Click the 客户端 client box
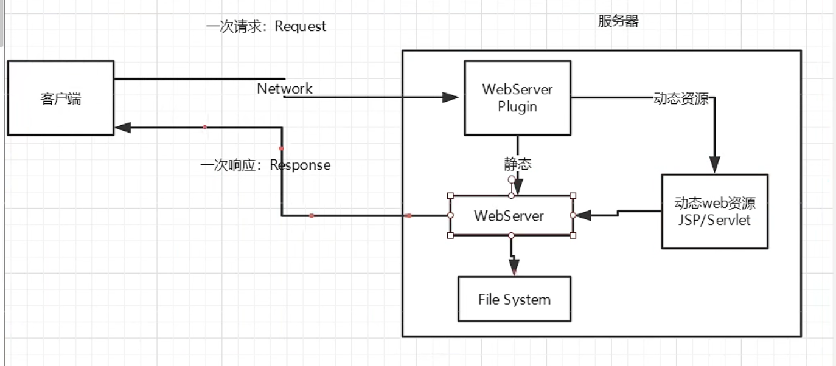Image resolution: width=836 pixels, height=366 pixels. tap(61, 98)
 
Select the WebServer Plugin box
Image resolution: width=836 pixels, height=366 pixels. tap(517, 97)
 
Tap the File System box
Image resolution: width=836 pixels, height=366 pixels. tap(514, 299)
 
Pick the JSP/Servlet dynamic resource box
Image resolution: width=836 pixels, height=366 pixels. tap(714, 211)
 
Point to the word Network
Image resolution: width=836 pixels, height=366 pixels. tap(284, 88)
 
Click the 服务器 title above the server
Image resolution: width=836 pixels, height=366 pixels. tap(618, 21)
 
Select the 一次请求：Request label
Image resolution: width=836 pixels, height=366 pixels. tap(266, 27)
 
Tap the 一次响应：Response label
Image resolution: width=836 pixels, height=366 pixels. tap(265, 165)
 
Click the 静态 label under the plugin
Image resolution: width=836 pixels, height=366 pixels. tap(517, 164)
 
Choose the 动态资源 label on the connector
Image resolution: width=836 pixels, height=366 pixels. tap(681, 99)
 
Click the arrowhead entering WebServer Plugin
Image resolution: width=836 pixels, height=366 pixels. tap(450, 97)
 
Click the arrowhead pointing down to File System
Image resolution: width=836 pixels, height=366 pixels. tap(514, 266)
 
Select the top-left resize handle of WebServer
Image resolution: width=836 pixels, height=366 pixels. tap(450, 195)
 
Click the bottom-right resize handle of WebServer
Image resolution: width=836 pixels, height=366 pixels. tap(573, 235)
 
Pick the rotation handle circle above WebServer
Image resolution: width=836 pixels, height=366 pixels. tap(511, 180)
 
